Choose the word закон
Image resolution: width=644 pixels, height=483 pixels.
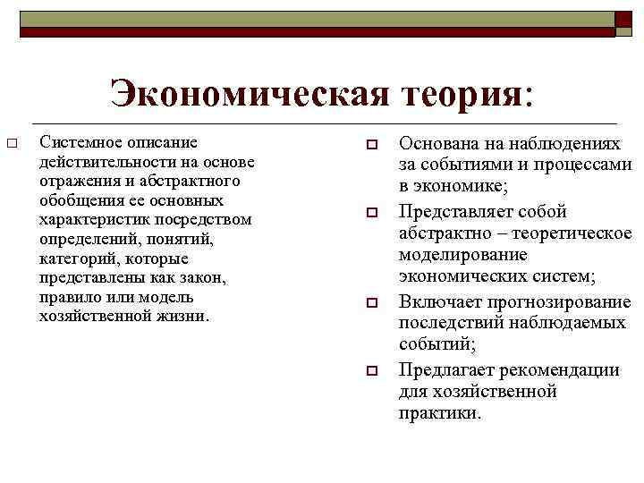pos(199,278)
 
